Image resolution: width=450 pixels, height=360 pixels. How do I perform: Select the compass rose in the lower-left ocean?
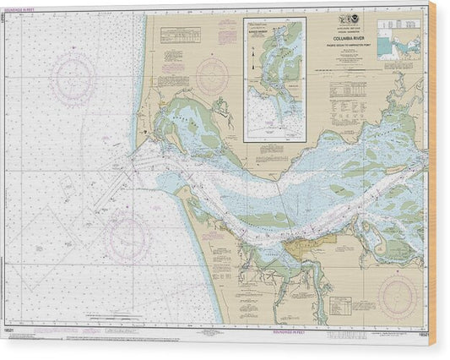(127, 236)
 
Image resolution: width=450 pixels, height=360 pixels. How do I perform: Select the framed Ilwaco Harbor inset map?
(274, 79)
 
